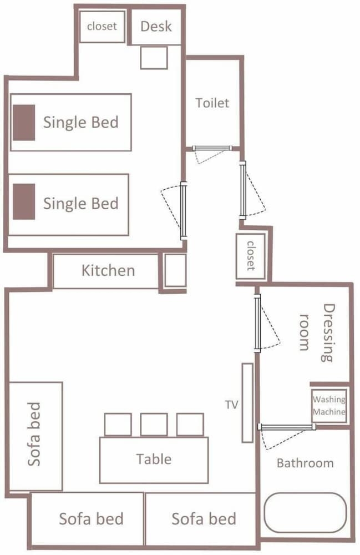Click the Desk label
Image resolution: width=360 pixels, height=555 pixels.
156,26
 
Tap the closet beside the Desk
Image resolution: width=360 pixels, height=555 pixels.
102,27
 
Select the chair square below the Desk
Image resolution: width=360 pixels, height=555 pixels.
154,58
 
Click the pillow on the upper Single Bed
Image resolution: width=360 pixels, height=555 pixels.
24,123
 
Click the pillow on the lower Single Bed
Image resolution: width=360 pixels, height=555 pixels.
24,201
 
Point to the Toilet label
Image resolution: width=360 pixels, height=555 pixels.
212,103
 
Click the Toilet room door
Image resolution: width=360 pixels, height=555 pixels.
212,148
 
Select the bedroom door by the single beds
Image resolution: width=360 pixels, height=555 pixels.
183,210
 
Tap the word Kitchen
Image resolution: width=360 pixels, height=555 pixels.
108,270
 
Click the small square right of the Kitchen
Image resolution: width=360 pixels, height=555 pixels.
175,270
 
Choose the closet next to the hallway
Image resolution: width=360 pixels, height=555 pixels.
251,255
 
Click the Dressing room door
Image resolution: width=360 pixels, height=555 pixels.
257,323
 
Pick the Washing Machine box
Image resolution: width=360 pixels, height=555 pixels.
329,406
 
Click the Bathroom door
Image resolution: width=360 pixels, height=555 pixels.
287,427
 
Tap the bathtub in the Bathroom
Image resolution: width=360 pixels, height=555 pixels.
306,513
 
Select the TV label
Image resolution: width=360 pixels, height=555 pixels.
232,405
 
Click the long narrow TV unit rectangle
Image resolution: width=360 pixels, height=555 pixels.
247,403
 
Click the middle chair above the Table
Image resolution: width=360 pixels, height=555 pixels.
154,425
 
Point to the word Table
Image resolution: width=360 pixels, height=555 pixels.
154,459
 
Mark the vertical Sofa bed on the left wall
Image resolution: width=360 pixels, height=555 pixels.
36,436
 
